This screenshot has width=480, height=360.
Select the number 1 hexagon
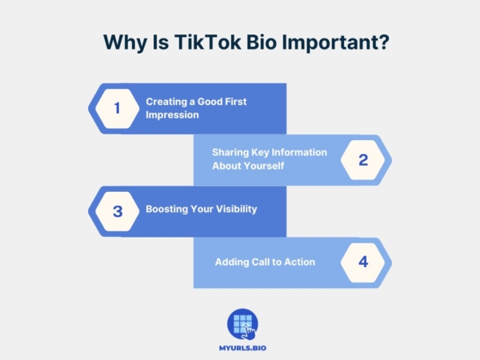(x=117, y=108)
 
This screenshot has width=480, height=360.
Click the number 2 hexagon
(x=362, y=159)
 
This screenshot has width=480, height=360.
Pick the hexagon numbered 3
(x=117, y=211)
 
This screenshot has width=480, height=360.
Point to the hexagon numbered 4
(x=362, y=262)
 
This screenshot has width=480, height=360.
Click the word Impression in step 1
(x=172, y=114)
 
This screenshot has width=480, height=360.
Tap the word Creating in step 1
(x=165, y=102)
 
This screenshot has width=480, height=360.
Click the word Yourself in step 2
(x=262, y=166)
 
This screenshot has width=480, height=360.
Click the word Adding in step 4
(x=231, y=262)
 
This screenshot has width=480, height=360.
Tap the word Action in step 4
(x=299, y=262)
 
